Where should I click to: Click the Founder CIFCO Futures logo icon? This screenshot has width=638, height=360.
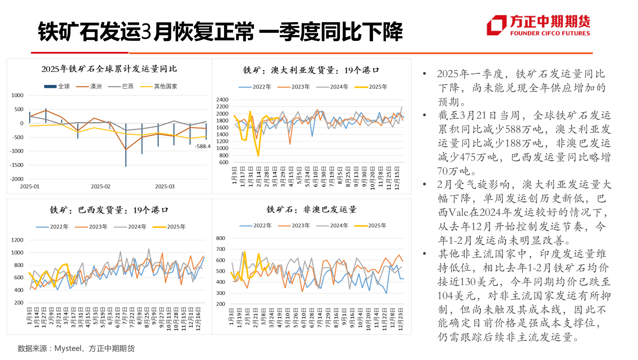(496, 25)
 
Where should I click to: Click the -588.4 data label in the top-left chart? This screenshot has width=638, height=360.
(202, 146)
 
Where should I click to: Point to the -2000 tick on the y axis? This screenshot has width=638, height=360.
(17, 179)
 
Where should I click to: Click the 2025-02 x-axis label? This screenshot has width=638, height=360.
(101, 187)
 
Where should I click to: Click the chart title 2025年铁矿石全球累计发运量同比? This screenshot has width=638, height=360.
(109, 69)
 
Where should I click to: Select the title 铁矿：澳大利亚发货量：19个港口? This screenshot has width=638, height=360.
(311, 70)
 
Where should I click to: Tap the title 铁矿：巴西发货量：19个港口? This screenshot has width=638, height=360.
(109, 210)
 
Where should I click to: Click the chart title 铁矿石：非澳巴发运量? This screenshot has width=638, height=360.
(311, 209)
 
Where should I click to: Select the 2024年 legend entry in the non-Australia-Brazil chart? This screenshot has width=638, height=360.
(339, 226)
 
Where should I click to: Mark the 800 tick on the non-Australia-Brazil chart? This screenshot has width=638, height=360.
(220, 239)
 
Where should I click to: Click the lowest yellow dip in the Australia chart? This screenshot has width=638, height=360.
(258, 156)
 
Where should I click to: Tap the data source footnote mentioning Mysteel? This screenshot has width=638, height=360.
(76, 348)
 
